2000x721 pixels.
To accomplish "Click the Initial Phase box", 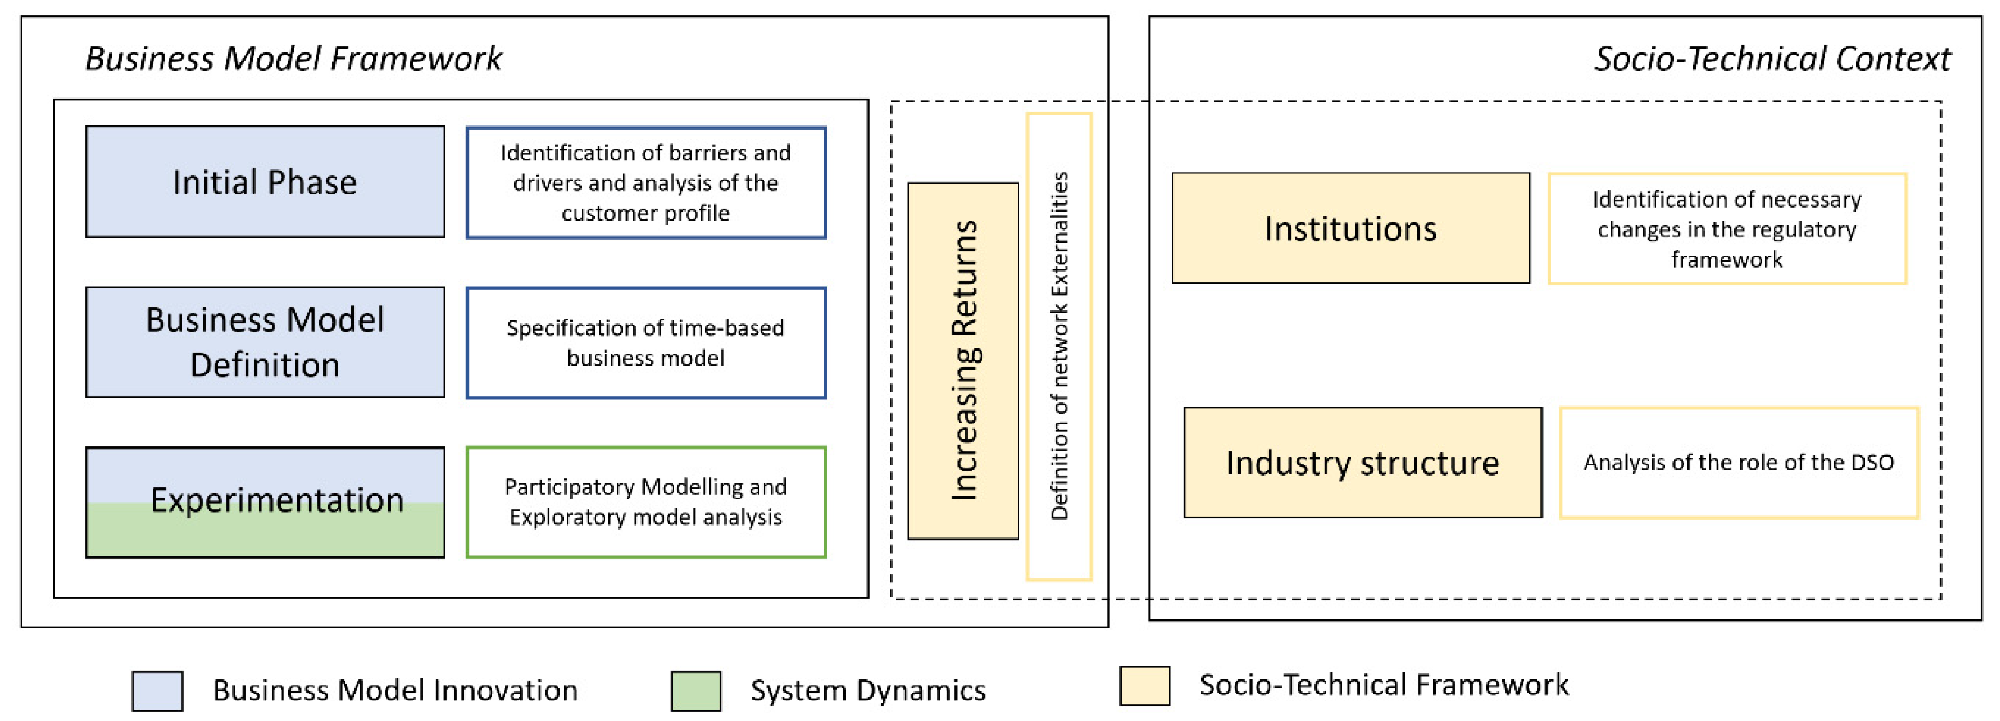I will point(265,181).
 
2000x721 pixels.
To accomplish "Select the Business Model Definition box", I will point(265,342).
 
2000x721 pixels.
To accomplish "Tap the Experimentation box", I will point(265,501).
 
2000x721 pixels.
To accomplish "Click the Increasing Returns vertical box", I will point(963,361).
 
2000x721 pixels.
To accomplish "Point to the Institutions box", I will point(1350,228).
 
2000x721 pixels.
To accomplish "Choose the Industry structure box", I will point(1362,463).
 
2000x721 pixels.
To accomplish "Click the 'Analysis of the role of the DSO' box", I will point(1738,463).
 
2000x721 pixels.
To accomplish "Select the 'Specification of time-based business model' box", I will point(645,342).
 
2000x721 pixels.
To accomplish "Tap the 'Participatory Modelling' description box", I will point(645,501).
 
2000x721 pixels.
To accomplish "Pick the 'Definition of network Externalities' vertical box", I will point(1059,346).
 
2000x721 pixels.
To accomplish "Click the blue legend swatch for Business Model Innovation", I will point(158,691).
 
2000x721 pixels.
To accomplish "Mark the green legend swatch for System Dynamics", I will point(695,691).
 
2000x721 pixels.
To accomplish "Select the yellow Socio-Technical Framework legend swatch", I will point(1144,686).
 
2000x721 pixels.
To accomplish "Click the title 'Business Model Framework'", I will point(294,59).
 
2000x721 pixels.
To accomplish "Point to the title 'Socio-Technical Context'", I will point(1773,59).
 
